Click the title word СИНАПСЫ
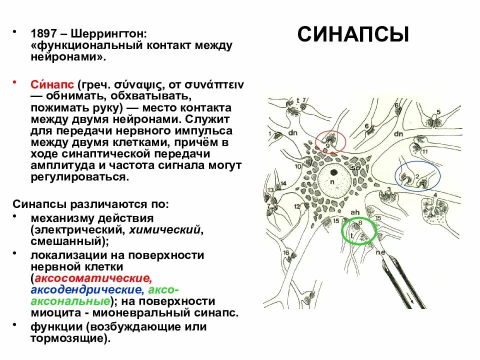[353, 35]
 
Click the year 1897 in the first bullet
[43, 35]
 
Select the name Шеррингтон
[109, 35]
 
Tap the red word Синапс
[49, 84]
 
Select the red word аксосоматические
[92, 279]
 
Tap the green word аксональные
[70, 301]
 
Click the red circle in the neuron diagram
[330, 140]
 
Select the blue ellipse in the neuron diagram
[417, 175]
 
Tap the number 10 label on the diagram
[297, 167]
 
